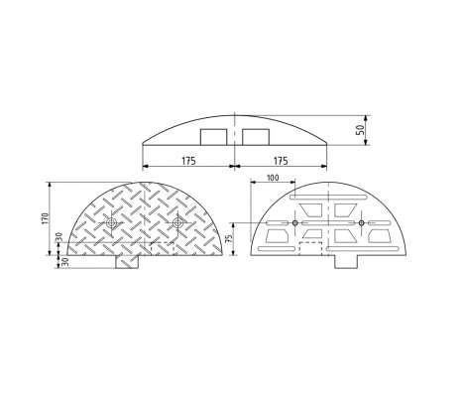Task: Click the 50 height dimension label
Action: (x=361, y=130)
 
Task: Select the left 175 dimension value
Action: (x=188, y=161)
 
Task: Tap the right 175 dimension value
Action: (x=281, y=161)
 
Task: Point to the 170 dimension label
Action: (x=46, y=218)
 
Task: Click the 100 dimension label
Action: (x=273, y=178)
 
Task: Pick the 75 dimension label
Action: (x=228, y=239)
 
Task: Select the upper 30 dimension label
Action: (x=58, y=237)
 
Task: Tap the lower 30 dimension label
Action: (x=65, y=262)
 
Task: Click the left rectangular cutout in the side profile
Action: (x=213, y=137)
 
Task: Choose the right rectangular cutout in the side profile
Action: (x=256, y=137)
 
